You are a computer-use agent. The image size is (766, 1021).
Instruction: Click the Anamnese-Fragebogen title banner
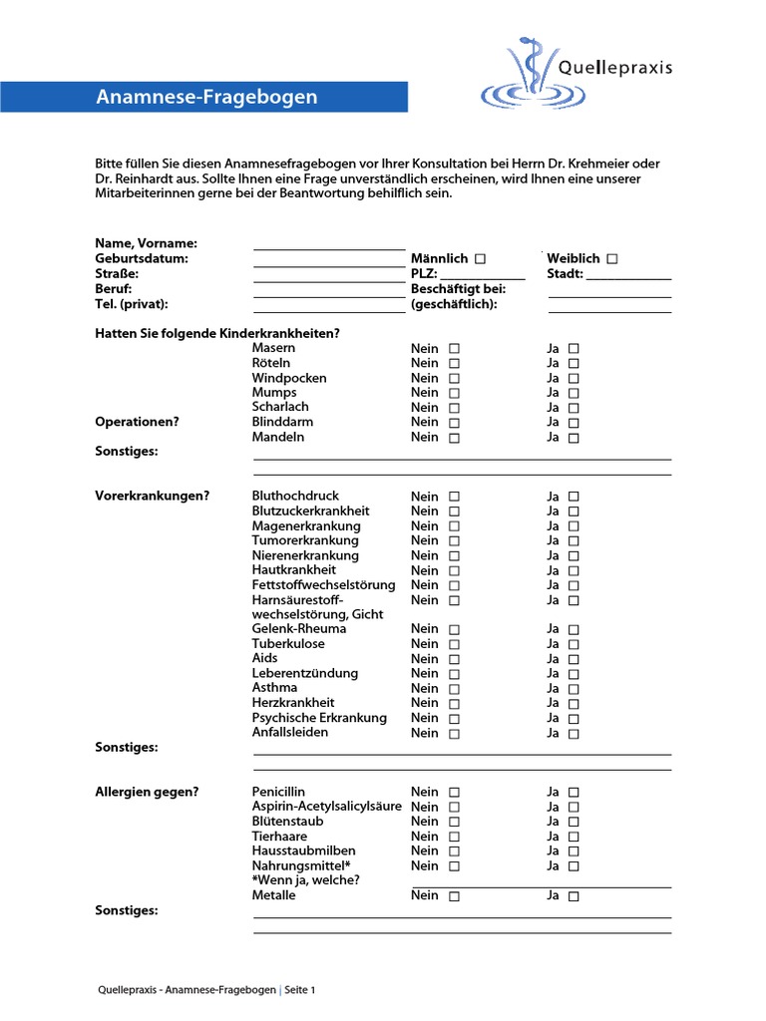point(206,97)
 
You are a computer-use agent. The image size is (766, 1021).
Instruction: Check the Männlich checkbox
point(480,259)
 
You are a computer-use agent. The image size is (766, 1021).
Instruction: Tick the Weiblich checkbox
point(611,259)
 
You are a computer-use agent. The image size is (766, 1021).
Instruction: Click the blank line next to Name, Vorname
point(329,245)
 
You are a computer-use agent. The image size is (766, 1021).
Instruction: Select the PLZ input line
point(482,276)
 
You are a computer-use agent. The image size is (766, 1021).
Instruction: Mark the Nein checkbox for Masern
point(455,349)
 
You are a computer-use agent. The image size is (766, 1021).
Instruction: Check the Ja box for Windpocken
point(574,379)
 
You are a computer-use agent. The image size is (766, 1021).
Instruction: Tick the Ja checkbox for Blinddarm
point(574,423)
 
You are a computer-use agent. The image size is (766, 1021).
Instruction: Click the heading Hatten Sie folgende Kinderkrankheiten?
point(217,333)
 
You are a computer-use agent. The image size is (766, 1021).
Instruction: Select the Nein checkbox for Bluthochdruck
point(455,497)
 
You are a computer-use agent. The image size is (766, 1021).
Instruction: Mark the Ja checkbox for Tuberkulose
point(574,644)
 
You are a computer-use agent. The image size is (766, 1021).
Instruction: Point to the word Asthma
point(274,688)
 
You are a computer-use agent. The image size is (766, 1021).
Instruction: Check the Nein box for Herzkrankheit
point(455,704)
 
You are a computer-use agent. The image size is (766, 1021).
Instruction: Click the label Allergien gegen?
point(147,792)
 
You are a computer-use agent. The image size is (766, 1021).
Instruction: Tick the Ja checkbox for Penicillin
point(574,793)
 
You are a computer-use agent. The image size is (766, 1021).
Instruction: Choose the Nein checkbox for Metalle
point(455,896)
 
